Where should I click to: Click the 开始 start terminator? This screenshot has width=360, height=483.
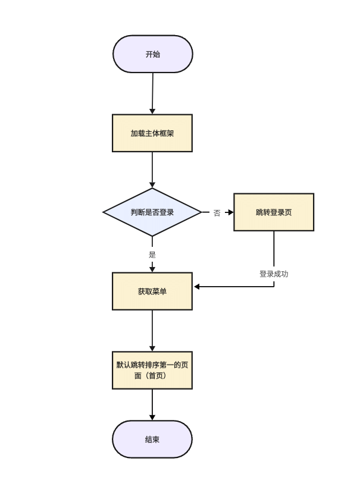153,54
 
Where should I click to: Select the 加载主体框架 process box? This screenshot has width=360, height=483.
152,133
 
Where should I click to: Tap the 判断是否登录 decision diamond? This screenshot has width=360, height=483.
152,212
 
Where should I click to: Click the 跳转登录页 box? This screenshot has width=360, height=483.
274,212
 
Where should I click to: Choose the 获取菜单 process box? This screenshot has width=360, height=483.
152,291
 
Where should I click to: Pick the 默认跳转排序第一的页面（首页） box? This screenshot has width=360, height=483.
152,370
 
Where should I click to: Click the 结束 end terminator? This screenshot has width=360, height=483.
152,440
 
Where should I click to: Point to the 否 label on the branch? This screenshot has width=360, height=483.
217,213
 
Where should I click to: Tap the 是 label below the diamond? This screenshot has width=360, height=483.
152,255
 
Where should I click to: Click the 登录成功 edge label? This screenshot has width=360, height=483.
274,274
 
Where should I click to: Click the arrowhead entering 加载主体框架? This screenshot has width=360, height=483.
152,111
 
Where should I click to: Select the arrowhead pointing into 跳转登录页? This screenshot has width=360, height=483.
230,212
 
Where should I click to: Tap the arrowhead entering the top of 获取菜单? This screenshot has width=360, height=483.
152,269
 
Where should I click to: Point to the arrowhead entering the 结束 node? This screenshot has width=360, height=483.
152,417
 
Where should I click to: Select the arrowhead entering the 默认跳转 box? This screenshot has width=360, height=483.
152,348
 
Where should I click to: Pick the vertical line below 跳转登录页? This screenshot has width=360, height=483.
274,250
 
